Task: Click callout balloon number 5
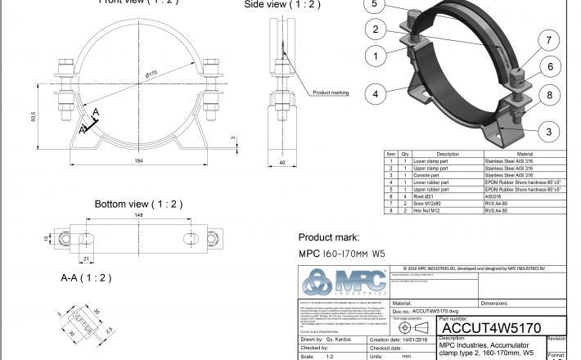[x=374, y=4]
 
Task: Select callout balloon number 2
[x=374, y=29]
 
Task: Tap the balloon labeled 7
[x=550, y=39]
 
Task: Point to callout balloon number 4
[x=374, y=94]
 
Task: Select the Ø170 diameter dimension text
[x=151, y=74]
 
